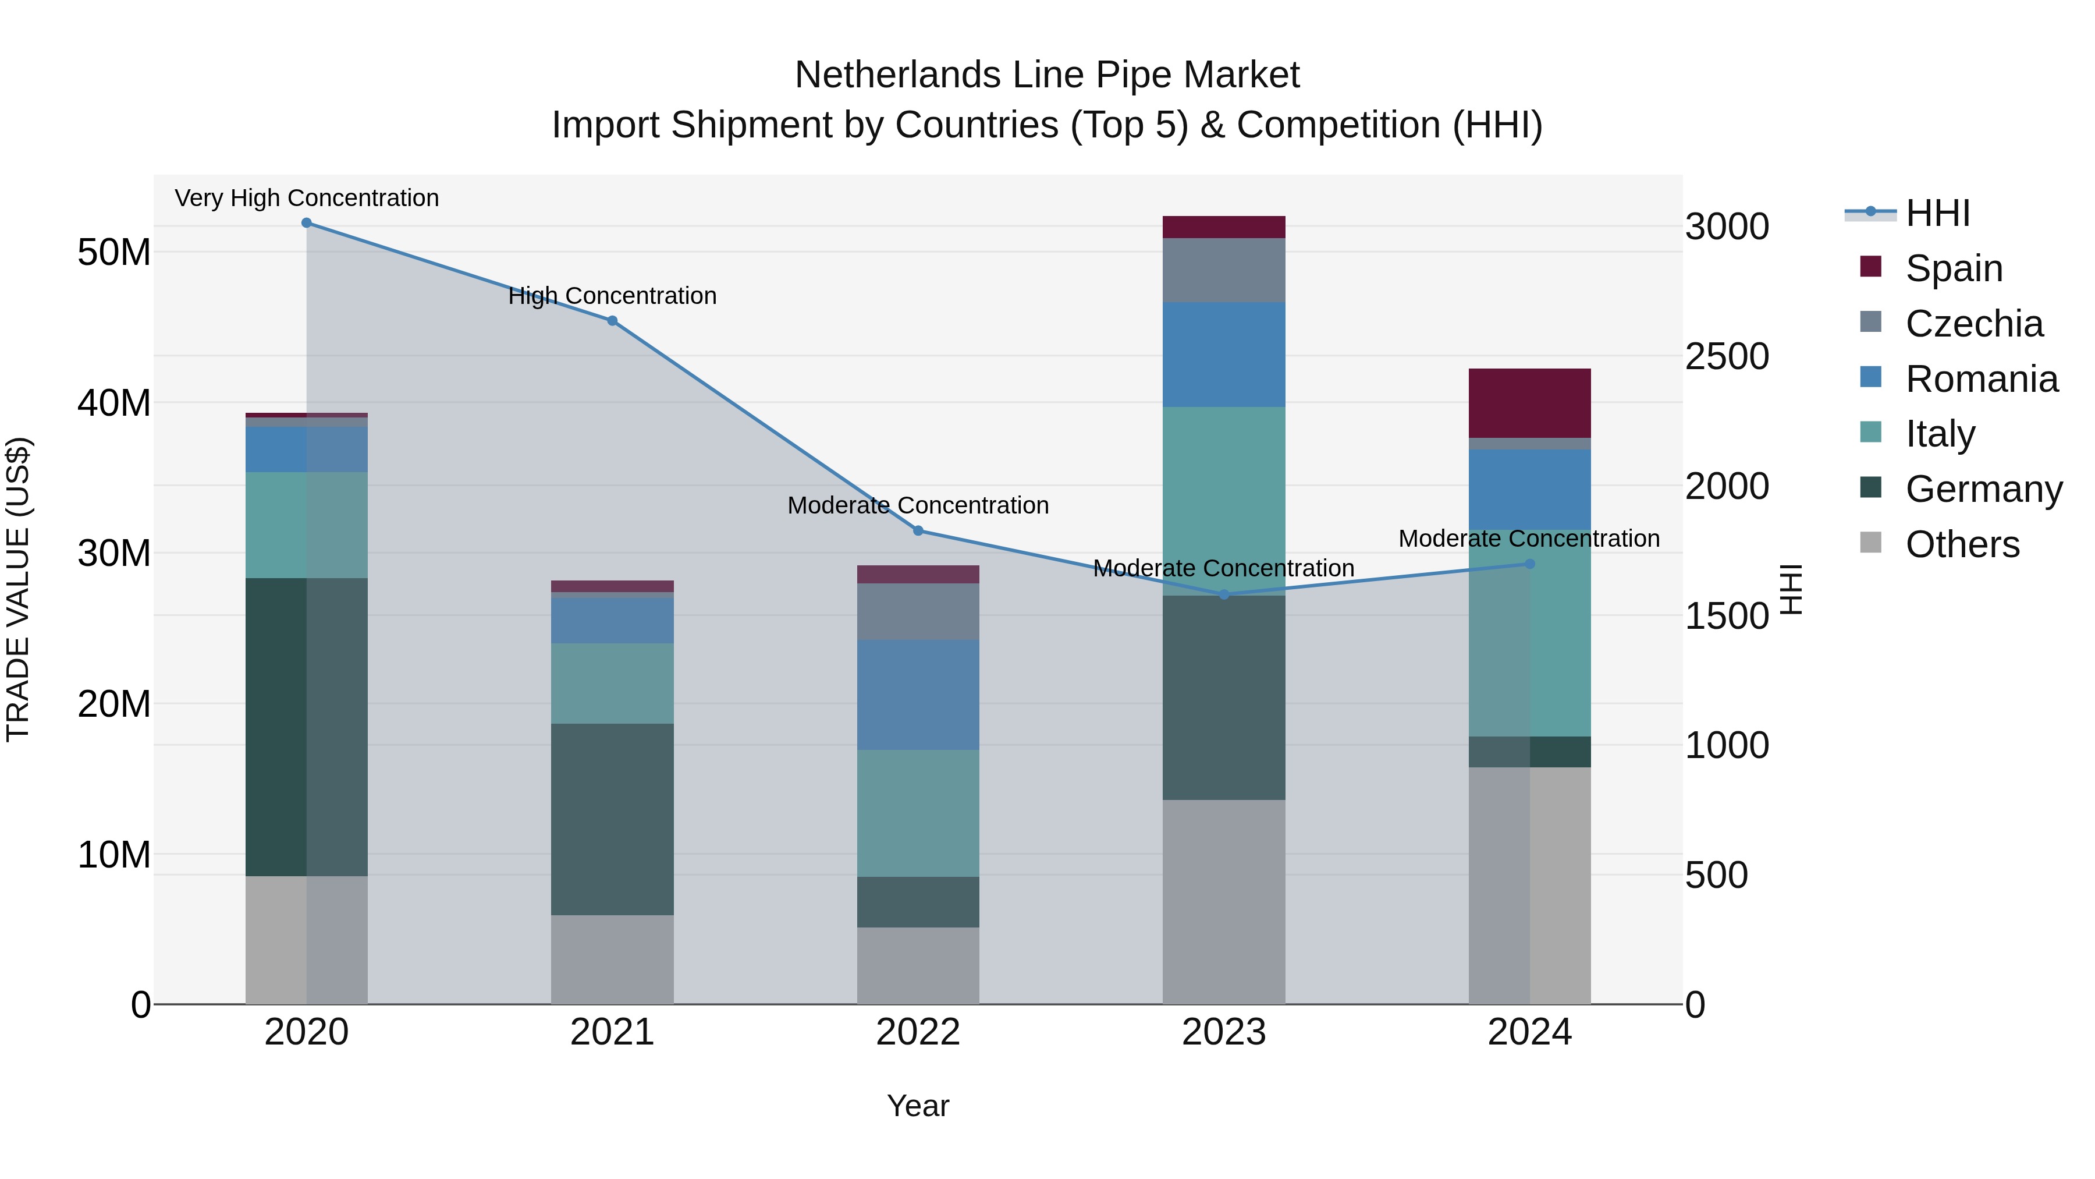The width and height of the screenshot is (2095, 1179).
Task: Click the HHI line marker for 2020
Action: point(307,223)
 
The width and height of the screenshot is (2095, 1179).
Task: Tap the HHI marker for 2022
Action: point(918,530)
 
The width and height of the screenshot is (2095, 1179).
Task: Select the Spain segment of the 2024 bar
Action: point(1529,403)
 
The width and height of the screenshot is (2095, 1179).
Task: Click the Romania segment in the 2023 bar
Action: point(1223,355)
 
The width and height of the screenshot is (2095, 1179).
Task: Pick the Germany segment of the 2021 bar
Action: point(612,819)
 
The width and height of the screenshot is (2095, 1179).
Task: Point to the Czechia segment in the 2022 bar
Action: point(918,611)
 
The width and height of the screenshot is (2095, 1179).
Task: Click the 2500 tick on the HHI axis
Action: point(1726,356)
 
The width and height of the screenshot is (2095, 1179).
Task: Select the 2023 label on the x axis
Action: point(1223,1032)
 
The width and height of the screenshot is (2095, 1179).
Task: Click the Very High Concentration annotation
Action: point(307,198)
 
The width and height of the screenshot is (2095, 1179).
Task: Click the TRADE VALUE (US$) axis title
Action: point(18,589)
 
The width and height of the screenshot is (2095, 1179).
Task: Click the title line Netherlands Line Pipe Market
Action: point(1047,75)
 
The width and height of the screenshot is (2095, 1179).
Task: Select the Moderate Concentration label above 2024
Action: point(1528,539)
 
